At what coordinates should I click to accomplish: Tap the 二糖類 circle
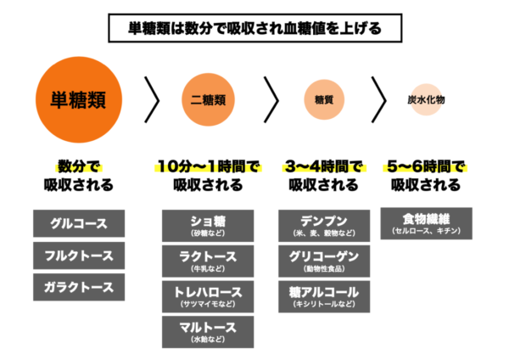[x=207, y=100]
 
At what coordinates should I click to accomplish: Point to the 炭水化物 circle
[x=425, y=100]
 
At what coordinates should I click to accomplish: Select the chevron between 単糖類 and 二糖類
[x=153, y=100]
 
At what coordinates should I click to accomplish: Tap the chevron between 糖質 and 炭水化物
[x=379, y=100]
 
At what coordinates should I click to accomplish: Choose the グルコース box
[x=79, y=224]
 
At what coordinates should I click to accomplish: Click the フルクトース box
[x=79, y=256]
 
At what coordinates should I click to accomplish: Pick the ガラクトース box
[x=79, y=287]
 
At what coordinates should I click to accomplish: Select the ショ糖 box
[x=208, y=226]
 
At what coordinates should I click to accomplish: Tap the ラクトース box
[x=208, y=261]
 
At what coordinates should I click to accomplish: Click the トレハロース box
[x=208, y=295]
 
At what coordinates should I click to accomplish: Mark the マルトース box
[x=208, y=330]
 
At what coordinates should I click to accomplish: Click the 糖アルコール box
[x=323, y=295]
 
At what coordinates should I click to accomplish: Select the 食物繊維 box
[x=426, y=223]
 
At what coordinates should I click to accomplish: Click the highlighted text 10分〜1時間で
[x=208, y=166]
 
